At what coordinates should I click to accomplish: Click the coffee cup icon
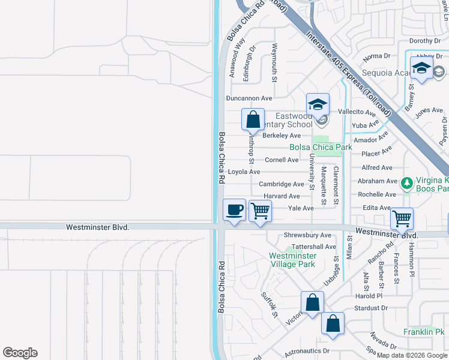tap(234, 210)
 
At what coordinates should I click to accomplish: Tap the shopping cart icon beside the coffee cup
tap(261, 211)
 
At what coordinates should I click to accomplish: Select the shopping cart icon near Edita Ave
tap(402, 218)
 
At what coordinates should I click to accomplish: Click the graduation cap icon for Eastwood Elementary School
tap(318, 104)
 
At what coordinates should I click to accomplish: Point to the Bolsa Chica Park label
tap(321, 147)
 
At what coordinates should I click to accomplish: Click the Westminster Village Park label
tap(292, 260)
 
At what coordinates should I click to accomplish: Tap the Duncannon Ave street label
tap(249, 98)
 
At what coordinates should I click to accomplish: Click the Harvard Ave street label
tap(282, 196)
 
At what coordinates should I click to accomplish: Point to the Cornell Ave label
tap(282, 160)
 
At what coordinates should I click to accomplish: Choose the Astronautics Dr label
tap(307, 350)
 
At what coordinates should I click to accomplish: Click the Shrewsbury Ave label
tap(307, 235)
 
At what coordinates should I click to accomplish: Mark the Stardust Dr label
tap(371, 308)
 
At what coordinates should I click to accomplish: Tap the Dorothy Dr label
tap(425, 41)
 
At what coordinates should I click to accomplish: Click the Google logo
tap(20, 353)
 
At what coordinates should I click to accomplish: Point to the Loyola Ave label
tap(248, 172)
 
